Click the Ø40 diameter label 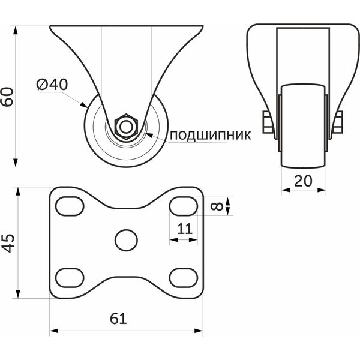coord(52,84)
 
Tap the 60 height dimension coord(7,97)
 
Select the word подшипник coord(211,135)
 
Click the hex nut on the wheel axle coord(126,127)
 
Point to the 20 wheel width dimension coord(303,181)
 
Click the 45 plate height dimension coord(8,244)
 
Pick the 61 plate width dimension coord(118,319)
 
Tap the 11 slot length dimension coord(185,229)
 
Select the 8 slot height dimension coord(217,206)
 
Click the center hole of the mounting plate coord(126,240)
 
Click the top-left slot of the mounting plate coord(70,206)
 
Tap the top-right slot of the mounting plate coord(184,206)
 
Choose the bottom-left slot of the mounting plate coord(70,278)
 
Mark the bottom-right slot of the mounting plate coord(184,278)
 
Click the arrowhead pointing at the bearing coord(149,135)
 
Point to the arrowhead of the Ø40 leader coord(84,105)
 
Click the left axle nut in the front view coord(268,122)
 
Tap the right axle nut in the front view coord(338,122)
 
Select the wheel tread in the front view coord(303,125)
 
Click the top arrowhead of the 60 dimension coord(16,31)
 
